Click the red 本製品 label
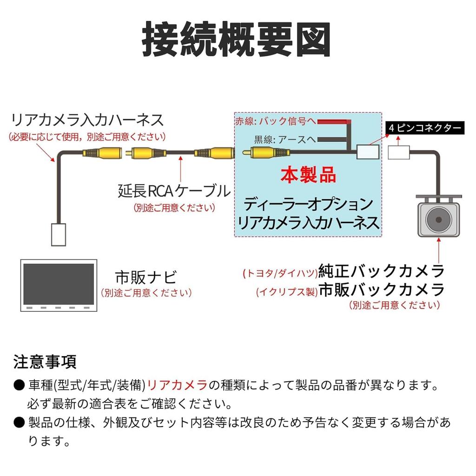(308, 175)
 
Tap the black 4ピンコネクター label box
(424, 128)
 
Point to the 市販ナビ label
(146, 278)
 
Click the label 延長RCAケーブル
(174, 190)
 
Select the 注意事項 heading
(45, 361)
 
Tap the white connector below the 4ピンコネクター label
(399, 152)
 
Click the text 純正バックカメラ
(381, 271)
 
